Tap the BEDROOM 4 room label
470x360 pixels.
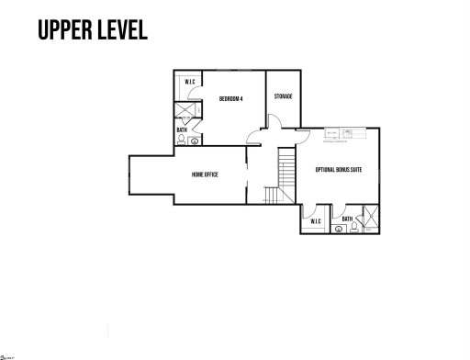pyautogui.click(x=229, y=99)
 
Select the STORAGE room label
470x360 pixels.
pyautogui.click(x=283, y=96)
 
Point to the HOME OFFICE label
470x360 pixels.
pyautogui.click(x=204, y=174)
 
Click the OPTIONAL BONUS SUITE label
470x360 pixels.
pyautogui.click(x=338, y=170)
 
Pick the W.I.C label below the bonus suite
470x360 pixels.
pyautogui.click(x=314, y=220)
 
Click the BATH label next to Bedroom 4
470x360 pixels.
pyautogui.click(x=182, y=129)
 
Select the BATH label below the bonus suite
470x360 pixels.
pyautogui.click(x=347, y=219)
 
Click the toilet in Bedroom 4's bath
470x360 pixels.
pyautogui.click(x=181, y=141)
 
